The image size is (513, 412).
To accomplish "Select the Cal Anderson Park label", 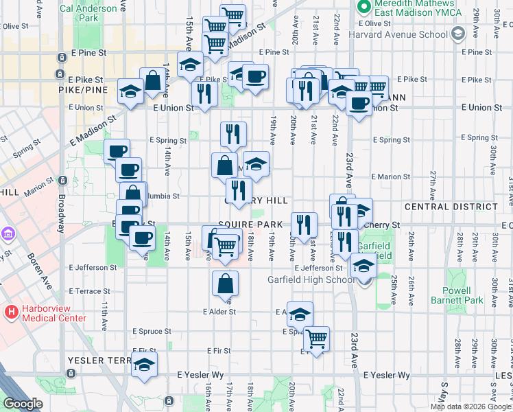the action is [x=89, y=14].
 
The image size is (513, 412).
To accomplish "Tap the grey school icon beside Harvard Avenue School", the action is [x=458, y=34].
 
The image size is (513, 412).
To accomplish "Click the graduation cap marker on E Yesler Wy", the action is [x=144, y=365].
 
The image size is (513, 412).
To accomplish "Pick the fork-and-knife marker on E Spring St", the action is [x=234, y=135].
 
